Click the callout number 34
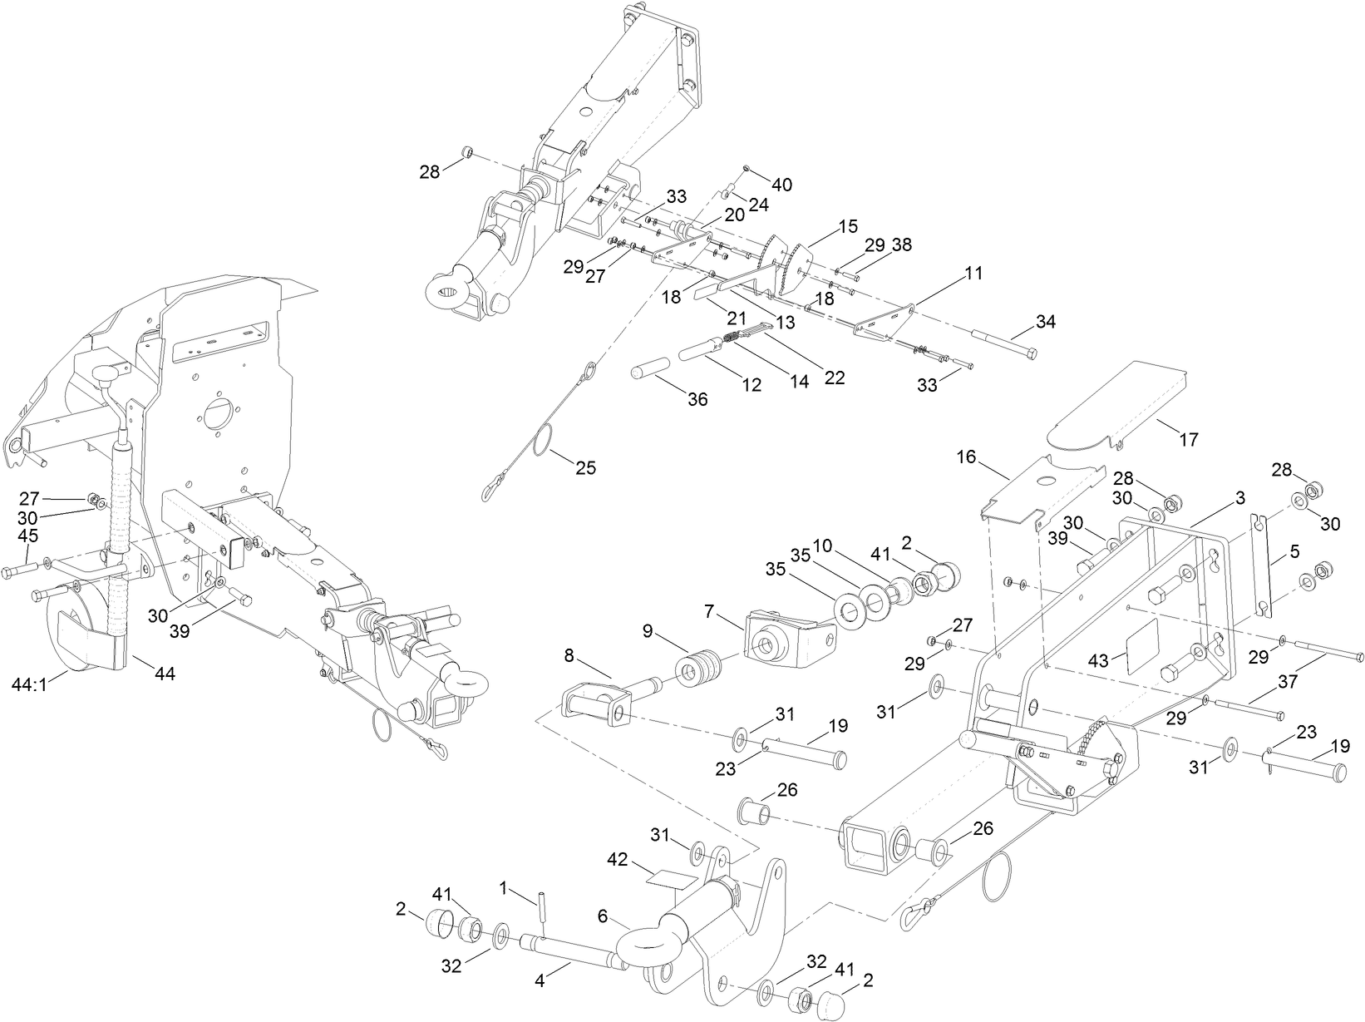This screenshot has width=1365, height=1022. (x=1046, y=321)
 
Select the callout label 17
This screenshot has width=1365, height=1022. (x=1189, y=440)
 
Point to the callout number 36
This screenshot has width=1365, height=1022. (x=697, y=399)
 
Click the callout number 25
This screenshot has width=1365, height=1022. (x=585, y=467)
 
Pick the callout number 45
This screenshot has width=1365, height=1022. (x=28, y=536)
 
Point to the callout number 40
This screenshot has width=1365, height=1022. (x=782, y=184)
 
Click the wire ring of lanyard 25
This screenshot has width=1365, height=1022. (x=546, y=440)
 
